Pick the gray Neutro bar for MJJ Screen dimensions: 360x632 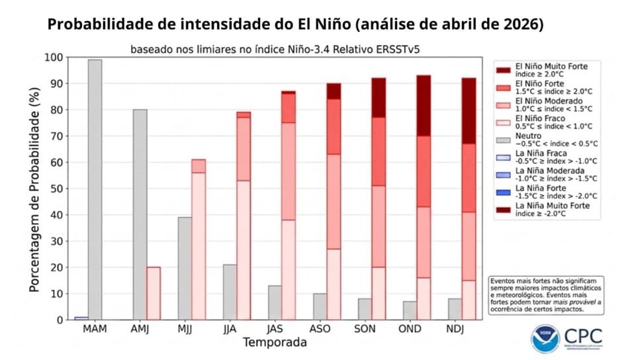(x=185, y=268)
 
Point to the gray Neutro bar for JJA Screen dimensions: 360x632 (x=230, y=292)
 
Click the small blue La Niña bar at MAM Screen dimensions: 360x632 (x=81, y=318)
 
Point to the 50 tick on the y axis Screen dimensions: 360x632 (x=56, y=189)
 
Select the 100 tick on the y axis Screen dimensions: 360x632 (x=53, y=58)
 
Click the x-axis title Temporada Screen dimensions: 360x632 (x=275, y=343)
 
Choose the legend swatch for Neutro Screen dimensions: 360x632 (x=502, y=140)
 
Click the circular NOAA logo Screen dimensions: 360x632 (x=545, y=337)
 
